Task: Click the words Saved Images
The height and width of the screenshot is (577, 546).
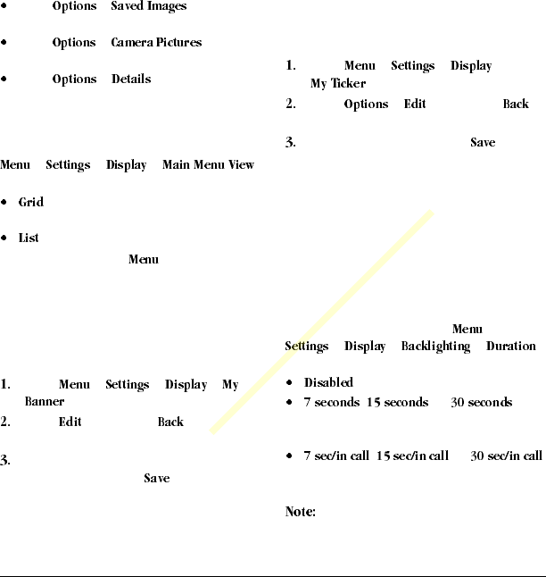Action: [149, 6]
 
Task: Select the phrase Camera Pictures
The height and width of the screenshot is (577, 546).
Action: [156, 42]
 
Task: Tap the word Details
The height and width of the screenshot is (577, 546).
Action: [131, 79]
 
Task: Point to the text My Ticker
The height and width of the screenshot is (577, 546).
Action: [338, 83]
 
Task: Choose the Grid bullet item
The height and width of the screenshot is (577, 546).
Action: [31, 202]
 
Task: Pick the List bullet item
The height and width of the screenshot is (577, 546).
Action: [29, 238]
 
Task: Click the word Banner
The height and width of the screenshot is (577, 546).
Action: [44, 402]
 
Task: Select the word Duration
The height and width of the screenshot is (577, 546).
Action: [510, 346]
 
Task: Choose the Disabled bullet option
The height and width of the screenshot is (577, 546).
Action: [328, 382]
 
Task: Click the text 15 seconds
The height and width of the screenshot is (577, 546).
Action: [397, 403]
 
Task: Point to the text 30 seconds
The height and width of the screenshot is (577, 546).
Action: [481, 403]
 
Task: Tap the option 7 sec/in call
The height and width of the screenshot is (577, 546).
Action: [335, 456]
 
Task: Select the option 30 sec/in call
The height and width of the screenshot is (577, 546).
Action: [506, 456]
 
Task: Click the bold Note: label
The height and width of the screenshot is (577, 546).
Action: [301, 513]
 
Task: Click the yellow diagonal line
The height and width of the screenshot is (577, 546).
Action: [321, 322]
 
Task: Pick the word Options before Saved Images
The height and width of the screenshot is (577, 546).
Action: [74, 6]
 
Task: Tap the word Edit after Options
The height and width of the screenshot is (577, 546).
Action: [414, 104]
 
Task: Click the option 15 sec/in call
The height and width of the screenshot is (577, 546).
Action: [412, 456]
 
